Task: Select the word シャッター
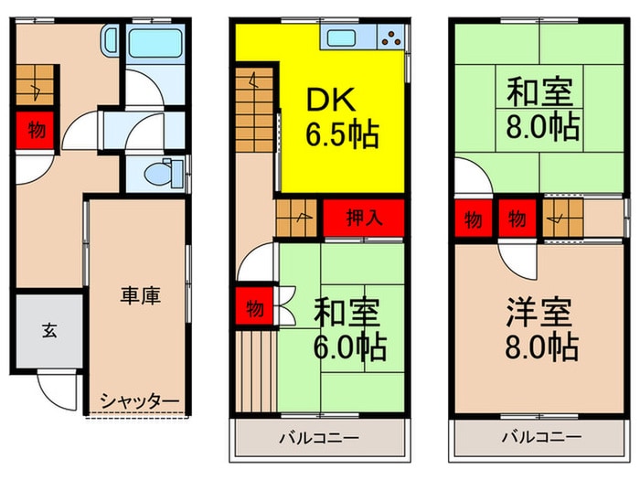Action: click(x=139, y=400)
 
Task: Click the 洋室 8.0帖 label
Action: click(x=539, y=330)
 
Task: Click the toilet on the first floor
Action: click(x=165, y=172)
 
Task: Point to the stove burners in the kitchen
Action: click(x=392, y=38)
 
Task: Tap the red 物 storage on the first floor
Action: click(x=35, y=129)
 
